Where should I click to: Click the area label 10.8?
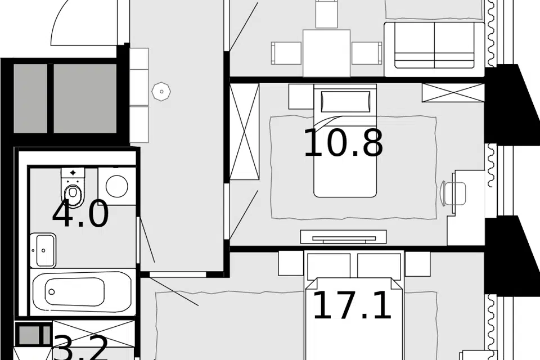click(343, 143)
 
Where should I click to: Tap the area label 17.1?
click(352, 305)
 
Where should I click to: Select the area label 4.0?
click(80, 214)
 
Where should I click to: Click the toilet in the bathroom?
click(73, 186)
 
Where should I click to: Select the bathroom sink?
click(44, 250)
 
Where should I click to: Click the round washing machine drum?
click(117, 186)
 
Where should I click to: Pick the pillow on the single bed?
click(345, 101)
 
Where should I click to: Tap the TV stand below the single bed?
click(343, 236)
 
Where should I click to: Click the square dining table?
click(326, 52)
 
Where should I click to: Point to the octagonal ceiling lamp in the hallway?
click(161, 91)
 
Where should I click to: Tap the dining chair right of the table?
click(367, 53)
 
